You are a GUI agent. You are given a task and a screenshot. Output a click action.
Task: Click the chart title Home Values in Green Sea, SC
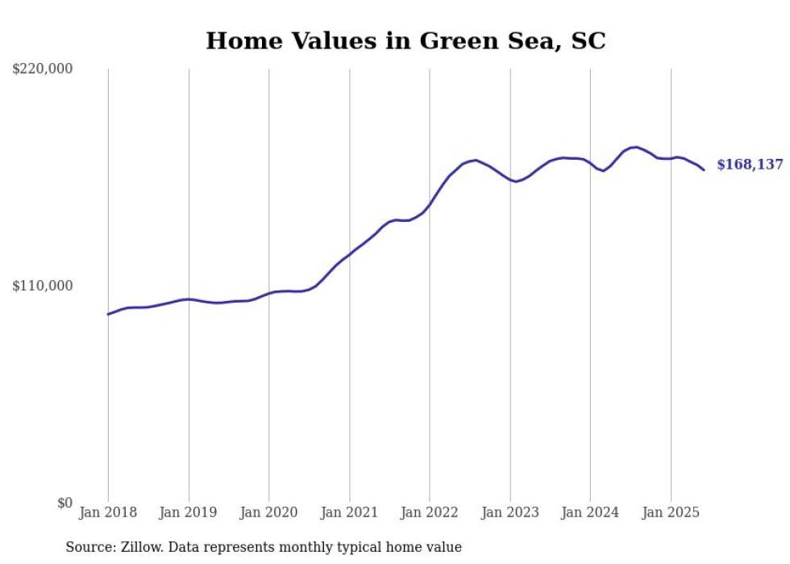[405, 41]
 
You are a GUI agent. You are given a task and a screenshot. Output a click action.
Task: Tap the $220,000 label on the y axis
[43, 69]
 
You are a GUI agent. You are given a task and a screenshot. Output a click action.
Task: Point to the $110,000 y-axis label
[43, 286]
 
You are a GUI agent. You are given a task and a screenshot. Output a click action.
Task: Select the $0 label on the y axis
[64, 503]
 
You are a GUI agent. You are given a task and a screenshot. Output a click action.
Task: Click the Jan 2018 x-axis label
[108, 512]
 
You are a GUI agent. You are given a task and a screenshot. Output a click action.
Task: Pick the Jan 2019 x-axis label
[189, 512]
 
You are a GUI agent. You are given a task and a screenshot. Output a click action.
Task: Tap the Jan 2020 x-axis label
[269, 512]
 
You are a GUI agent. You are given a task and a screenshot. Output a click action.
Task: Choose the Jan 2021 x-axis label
[349, 512]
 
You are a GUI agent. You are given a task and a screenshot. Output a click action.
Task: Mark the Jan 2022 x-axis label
[430, 512]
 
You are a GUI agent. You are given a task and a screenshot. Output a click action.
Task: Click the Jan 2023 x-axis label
[509, 512]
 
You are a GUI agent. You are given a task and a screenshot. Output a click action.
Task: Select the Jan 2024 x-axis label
[590, 512]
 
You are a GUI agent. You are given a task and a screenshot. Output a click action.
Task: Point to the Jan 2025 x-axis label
[670, 512]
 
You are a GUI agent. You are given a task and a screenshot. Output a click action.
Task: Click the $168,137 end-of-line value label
[750, 165]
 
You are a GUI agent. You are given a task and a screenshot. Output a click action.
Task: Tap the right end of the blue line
[704, 169]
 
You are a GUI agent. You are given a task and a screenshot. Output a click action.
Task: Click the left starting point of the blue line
[108, 314]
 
